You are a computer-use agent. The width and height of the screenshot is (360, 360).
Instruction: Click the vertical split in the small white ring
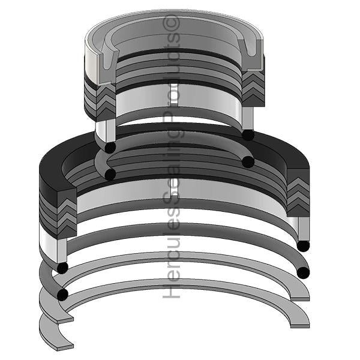tap(178, 95)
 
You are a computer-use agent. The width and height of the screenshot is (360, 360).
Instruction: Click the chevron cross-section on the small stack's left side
tap(106, 103)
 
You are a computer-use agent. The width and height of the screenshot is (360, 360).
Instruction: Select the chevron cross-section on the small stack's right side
tap(253, 89)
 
